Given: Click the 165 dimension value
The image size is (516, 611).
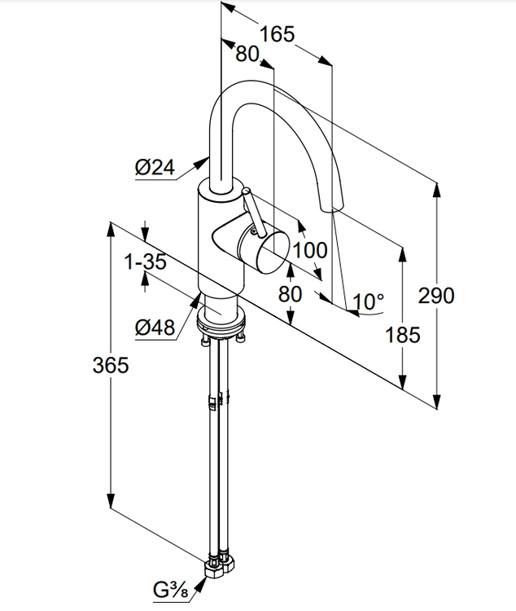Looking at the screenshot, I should pos(277,34).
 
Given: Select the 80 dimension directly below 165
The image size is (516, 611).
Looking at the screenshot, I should pos(247,55).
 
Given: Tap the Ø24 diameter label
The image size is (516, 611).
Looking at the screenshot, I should pos(155,168).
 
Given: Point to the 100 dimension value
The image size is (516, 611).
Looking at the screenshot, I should pos(310,250).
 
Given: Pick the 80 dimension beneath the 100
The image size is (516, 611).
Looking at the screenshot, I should pos(291,293).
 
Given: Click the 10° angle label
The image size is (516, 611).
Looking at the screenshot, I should pos(369,302).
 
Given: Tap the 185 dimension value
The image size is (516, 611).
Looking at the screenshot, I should pos(402,334).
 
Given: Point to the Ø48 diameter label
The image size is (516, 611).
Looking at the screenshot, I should pos(155,328).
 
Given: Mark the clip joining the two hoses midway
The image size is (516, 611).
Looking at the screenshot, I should pos(215,401).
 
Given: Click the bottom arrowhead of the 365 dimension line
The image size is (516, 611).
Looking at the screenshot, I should pos(110,504).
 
